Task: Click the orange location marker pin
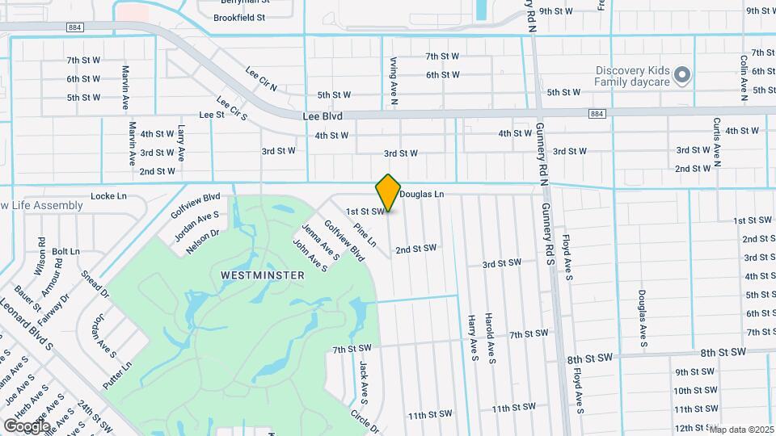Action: pos(388,193)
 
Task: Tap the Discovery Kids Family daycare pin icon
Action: pos(682,75)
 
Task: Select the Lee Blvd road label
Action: pos(323,116)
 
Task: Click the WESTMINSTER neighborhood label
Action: pos(263,275)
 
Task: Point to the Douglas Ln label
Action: pos(421,195)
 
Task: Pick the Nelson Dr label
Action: pos(202,241)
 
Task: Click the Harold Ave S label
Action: pos(490,338)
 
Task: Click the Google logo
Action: pos(26,426)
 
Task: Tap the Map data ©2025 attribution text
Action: pos(741,430)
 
